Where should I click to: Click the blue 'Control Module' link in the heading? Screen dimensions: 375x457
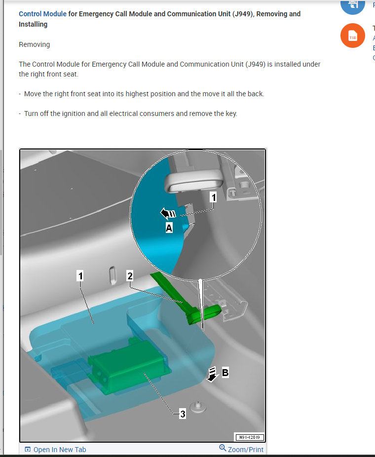tap(42, 14)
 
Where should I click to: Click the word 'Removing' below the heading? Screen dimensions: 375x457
tap(35, 44)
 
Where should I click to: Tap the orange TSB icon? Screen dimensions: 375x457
tap(353, 36)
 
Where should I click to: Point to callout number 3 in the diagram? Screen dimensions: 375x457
tap(183, 414)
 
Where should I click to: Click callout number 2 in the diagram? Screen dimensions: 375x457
tap(130, 276)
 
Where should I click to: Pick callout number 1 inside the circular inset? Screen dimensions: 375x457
tap(214, 197)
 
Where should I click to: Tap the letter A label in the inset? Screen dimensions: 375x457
tap(169, 228)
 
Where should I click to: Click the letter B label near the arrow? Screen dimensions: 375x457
tap(225, 373)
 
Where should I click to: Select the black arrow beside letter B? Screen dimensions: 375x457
tap(212, 375)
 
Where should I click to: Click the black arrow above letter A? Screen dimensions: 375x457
tap(168, 213)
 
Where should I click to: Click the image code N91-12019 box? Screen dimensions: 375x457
tap(249, 437)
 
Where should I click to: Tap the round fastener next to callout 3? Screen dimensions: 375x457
tap(198, 407)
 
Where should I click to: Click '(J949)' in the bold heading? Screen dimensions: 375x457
tap(242, 14)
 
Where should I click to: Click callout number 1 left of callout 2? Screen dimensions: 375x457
tap(80, 276)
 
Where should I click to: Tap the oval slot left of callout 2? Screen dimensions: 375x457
tap(112, 275)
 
